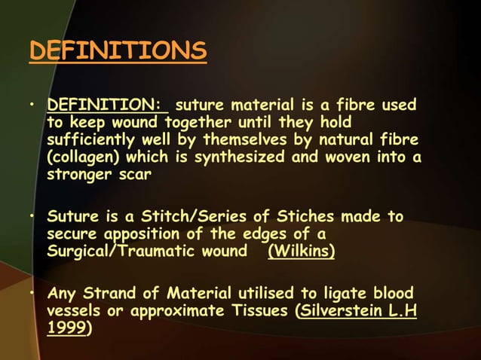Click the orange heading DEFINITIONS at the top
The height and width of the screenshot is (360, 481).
(x=117, y=51)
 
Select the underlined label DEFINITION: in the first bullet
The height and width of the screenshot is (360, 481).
(x=107, y=105)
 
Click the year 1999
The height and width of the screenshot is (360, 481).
(x=66, y=328)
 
